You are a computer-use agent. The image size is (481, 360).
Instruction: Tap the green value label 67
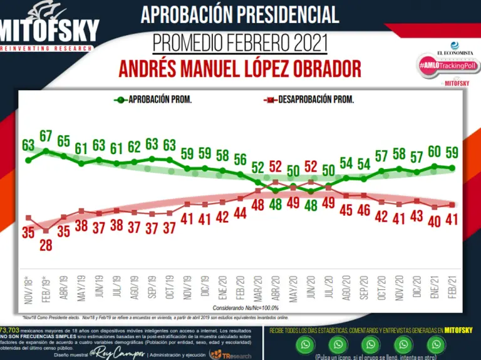46,136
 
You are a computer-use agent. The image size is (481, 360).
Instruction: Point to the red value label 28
46,245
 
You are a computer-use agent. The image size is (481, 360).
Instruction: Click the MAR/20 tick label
258,291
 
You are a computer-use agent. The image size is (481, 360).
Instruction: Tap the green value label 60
434,152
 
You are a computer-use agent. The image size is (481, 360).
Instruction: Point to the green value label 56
240,160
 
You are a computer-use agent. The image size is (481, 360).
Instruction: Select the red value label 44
240,213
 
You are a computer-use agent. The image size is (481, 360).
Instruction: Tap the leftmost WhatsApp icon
306,344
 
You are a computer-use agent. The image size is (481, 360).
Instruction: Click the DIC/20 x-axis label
416,291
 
